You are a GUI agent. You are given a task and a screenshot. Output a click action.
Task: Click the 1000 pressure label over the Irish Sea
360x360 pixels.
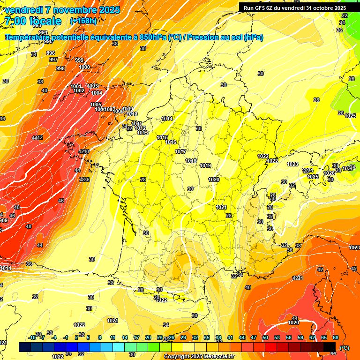click(84, 67)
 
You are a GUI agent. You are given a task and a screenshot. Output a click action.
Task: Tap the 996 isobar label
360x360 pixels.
click(51, 53)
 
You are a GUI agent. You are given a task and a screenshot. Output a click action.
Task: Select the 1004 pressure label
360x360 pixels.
click(97, 93)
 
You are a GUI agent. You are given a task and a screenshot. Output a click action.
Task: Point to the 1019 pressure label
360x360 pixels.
click(205, 165)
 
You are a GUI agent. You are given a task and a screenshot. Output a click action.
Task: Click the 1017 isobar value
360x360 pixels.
click(180, 151)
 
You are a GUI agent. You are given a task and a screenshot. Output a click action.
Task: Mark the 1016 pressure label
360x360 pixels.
click(171, 142)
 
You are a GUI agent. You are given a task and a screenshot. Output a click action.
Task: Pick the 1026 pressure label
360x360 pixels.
click(330, 173)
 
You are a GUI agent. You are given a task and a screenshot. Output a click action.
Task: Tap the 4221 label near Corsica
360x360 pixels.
click(298, 278)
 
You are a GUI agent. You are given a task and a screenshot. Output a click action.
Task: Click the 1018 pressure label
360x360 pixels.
click(191, 161)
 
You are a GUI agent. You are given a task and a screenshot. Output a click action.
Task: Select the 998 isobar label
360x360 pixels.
click(60, 68)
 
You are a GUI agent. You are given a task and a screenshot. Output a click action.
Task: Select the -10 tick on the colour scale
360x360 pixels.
click(32, 337)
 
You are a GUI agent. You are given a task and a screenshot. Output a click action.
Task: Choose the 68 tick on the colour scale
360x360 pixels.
click(336, 337)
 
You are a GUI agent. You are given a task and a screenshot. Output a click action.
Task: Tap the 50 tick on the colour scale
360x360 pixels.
click(265, 337)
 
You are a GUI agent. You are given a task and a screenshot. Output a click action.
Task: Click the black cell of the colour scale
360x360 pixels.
click(330, 347)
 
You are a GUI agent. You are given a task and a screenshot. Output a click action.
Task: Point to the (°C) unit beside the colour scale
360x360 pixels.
click(345, 347)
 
